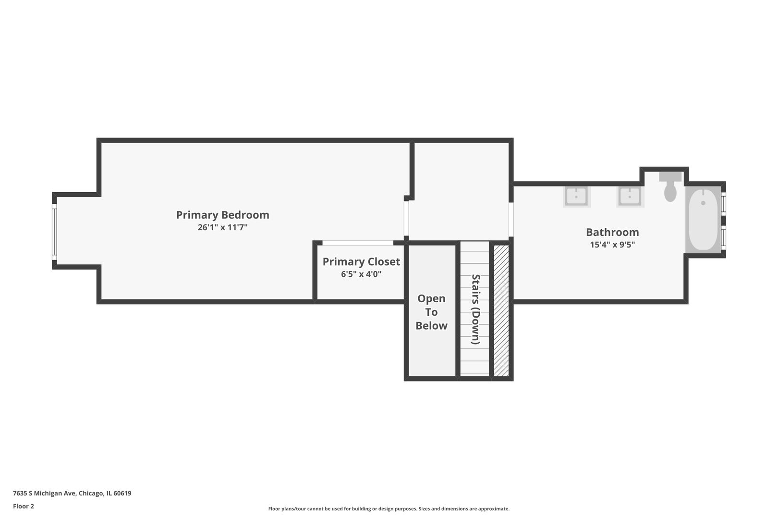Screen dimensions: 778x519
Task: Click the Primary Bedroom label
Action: pos(223,215)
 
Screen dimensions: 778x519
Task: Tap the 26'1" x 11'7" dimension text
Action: pos(223,227)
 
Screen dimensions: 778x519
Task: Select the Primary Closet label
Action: pos(361,261)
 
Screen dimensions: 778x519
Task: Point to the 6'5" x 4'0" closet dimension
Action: pos(361,274)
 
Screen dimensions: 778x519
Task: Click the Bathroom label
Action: pos(612,232)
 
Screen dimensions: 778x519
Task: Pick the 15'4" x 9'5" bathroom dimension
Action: pos(612,245)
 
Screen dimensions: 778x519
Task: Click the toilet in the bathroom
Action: pos(670,186)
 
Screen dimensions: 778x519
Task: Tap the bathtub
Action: pos(704,220)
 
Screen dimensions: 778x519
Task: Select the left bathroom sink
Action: pos(577,197)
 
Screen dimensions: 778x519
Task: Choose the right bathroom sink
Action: pos(630,197)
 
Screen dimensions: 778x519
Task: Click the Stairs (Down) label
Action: pos(475,309)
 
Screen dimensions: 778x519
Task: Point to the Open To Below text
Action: pos(431,312)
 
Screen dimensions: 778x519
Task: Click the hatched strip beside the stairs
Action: pos(501,310)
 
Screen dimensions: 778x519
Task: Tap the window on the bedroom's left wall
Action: pos(54,232)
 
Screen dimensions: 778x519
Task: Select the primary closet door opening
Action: pos(358,243)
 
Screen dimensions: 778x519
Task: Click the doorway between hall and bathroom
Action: pos(511,220)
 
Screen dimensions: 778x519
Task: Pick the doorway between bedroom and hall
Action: pos(406,218)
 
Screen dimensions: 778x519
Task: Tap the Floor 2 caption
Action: pos(24,506)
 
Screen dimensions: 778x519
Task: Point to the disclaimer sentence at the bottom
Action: pos(389,508)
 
